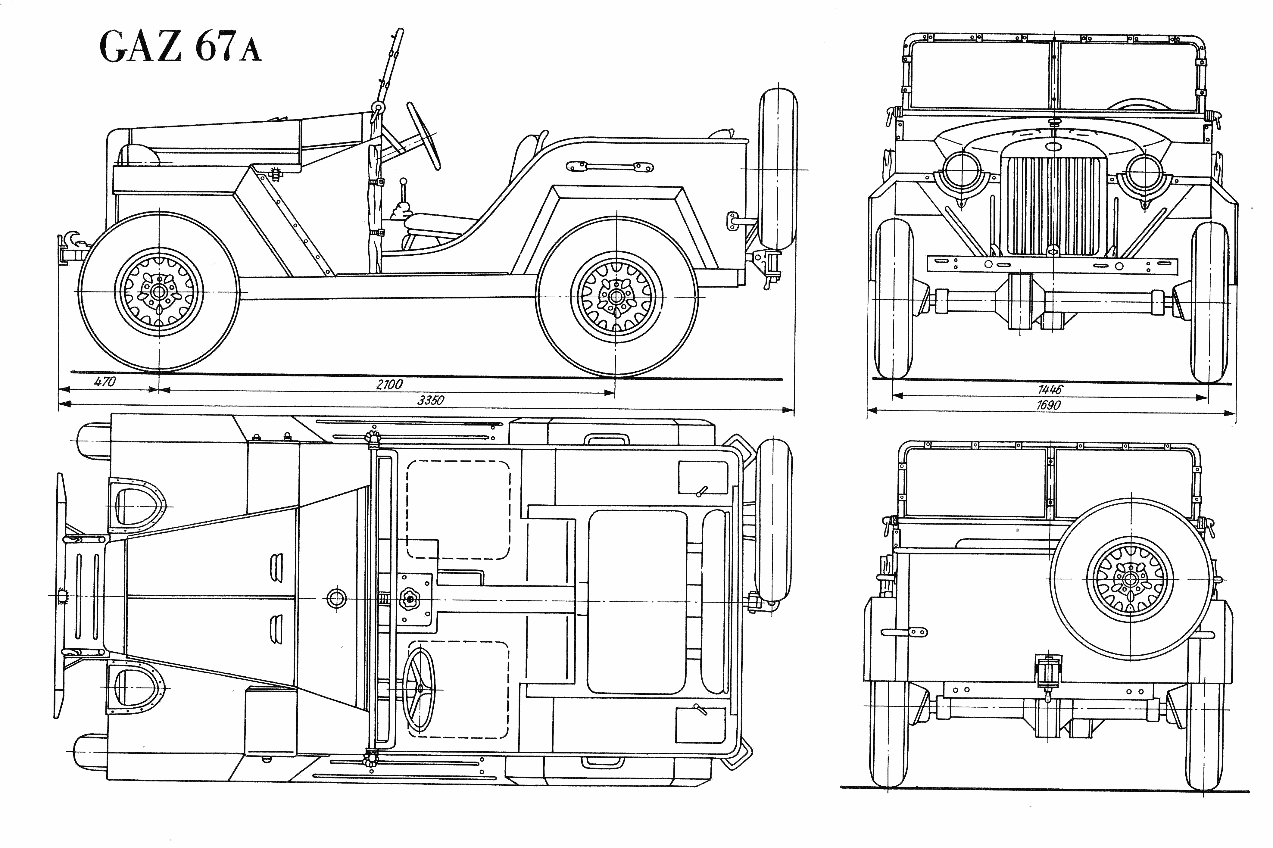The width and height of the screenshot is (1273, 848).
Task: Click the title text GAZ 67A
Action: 180,48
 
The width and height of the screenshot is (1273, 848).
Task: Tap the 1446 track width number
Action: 1050,389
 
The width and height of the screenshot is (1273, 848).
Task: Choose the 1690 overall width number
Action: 1048,404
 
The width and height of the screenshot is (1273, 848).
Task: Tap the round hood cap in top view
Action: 336,598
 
